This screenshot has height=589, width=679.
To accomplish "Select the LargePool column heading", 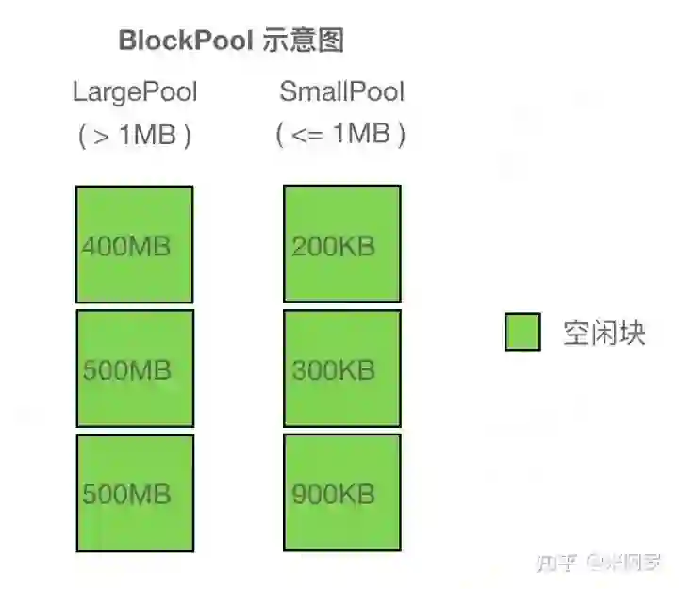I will pos(135,92).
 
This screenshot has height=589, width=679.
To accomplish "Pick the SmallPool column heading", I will pos(341,92).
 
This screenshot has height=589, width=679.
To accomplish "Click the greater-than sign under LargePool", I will pos(102,136).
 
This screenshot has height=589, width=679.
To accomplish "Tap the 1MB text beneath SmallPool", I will pos(361,135).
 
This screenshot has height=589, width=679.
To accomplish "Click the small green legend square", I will pos(522,332).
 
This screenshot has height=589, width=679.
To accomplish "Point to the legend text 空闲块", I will pos(604,333).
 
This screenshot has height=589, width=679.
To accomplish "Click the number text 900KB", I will pos(334,493).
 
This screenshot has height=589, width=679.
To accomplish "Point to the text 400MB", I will pos(126,247).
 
